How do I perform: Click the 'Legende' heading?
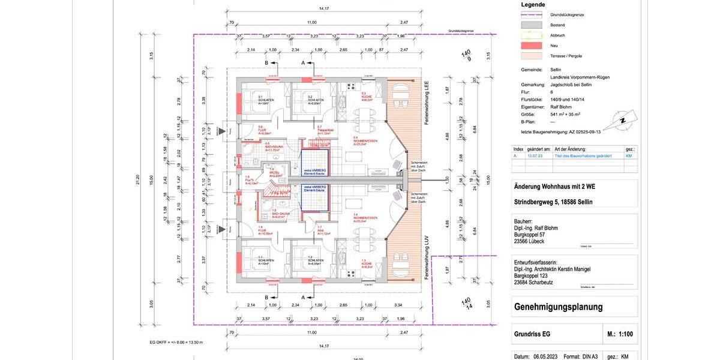pyautogui.click(x=533, y=4)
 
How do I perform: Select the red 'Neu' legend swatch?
pyautogui.click(x=532, y=45)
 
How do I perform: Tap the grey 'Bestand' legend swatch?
pyautogui.click(x=532, y=25)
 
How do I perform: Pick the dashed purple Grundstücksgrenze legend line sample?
pyautogui.click(x=532, y=14)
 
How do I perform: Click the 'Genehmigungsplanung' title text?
pyautogui.click(x=558, y=307)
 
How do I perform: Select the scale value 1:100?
pyautogui.click(x=622, y=334)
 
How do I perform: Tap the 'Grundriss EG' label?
pyautogui.click(x=532, y=334)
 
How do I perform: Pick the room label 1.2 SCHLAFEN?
pyautogui.click(x=316, y=262)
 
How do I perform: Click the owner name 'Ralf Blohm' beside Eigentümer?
pyautogui.click(x=562, y=107)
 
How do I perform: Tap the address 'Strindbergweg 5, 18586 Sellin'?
pyautogui.click(x=553, y=202)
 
